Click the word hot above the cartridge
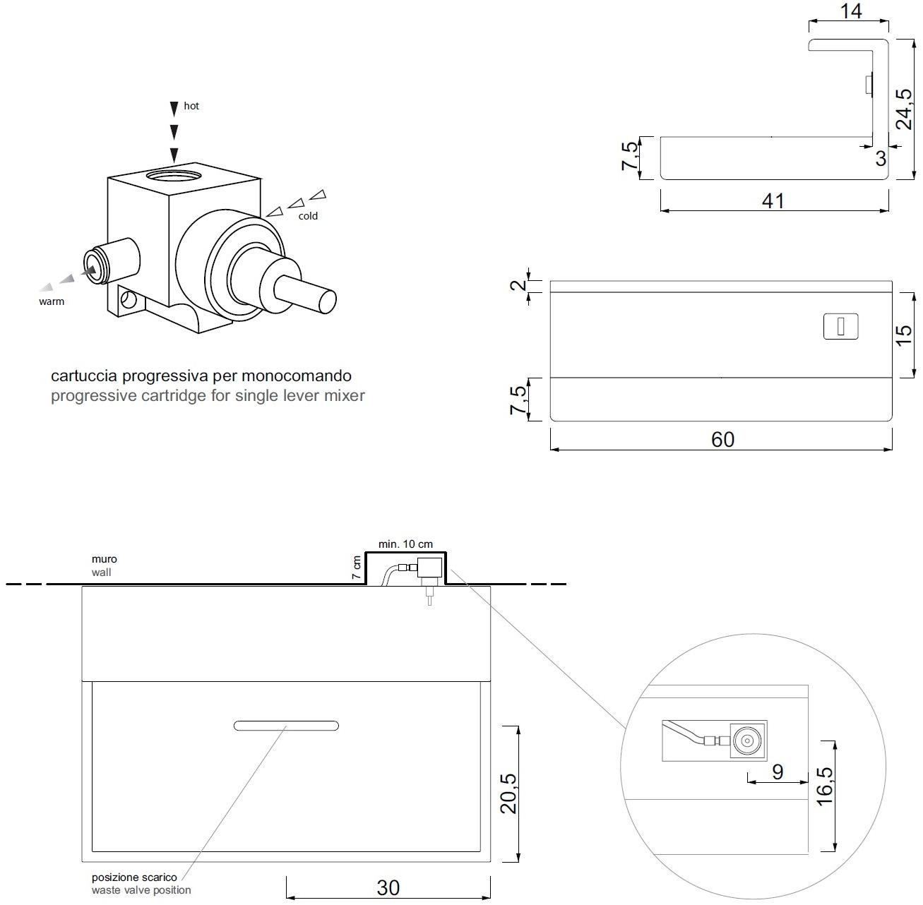tap(191, 106)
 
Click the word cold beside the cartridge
tap(308, 216)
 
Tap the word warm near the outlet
tap(52, 301)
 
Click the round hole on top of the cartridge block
tap(174, 174)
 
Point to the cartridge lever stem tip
tap(328, 301)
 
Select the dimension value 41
tap(773, 201)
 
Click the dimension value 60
tap(722, 440)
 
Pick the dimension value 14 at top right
tap(852, 12)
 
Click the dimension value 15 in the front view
tap(904, 336)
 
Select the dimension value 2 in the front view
tap(518, 285)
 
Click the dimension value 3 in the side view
tap(881, 159)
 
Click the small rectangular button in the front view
tap(840, 327)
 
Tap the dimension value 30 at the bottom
tap(388, 888)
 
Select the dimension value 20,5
tap(508, 793)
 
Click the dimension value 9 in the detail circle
tap(777, 772)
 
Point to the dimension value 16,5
tap(823, 785)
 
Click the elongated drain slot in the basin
tap(286, 726)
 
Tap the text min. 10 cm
tap(405, 544)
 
